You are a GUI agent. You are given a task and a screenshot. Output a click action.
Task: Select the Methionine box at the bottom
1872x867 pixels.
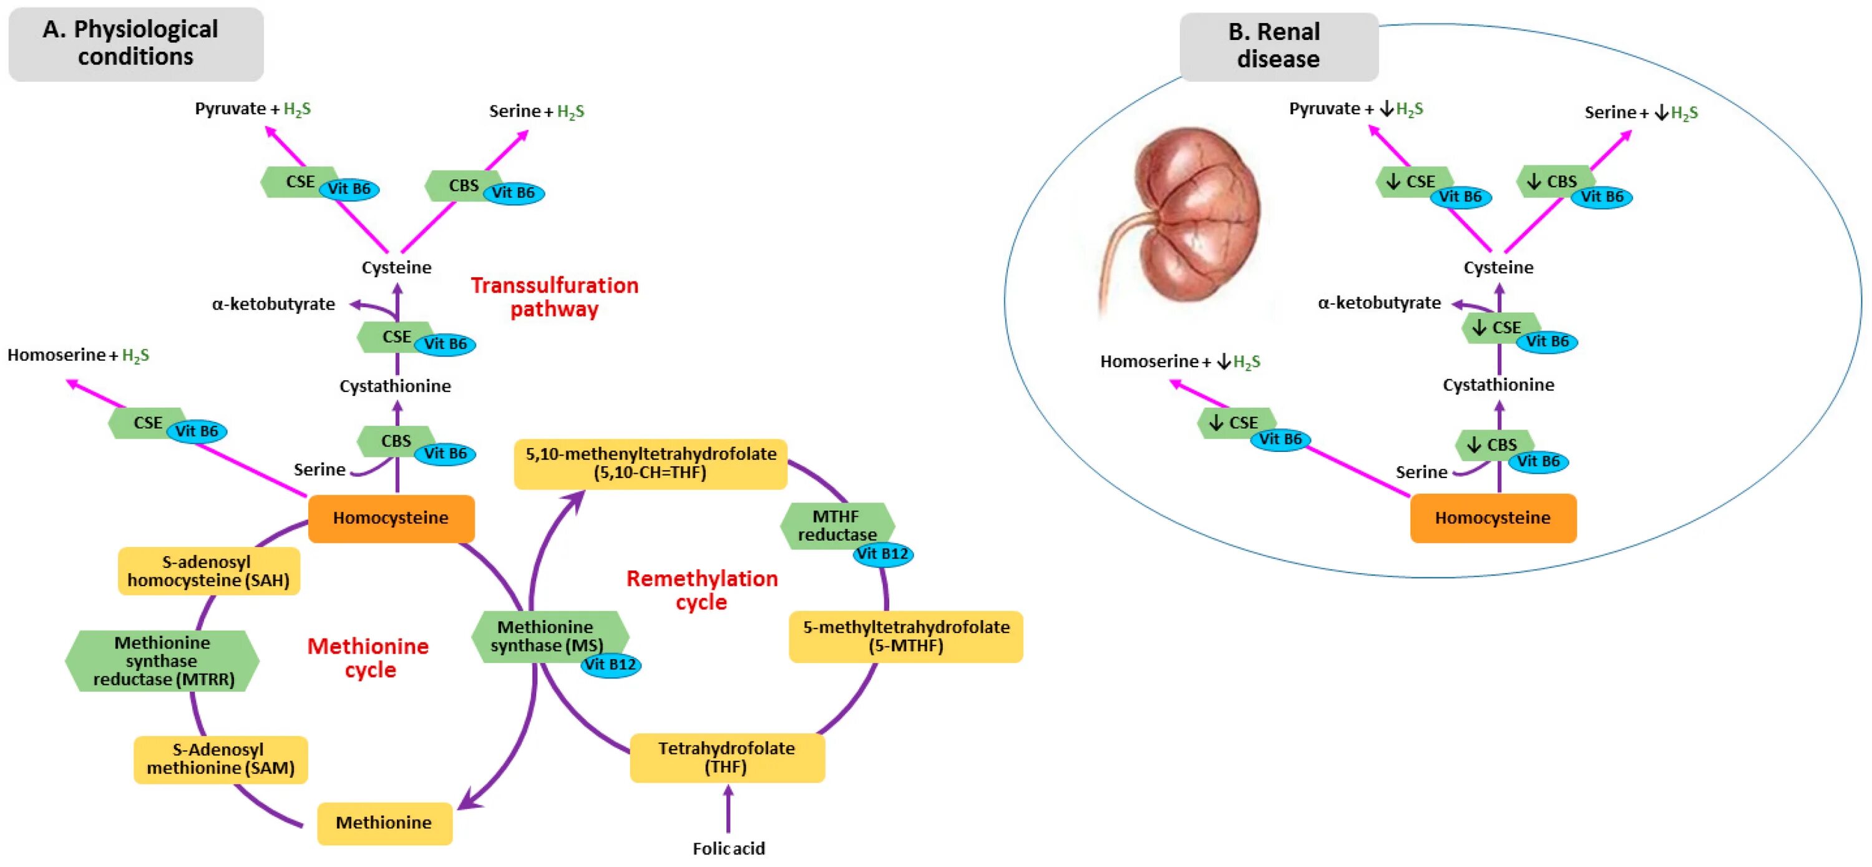(384, 823)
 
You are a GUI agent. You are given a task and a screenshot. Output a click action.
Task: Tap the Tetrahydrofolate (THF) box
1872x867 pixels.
(727, 757)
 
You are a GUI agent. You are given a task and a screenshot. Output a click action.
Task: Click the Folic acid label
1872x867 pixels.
(728, 848)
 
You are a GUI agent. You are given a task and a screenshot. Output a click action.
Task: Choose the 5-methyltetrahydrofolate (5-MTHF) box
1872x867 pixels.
(905, 636)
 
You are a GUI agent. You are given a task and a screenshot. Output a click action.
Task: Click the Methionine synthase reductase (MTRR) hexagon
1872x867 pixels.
(162, 660)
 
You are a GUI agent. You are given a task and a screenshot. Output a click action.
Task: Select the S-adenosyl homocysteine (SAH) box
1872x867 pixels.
(208, 571)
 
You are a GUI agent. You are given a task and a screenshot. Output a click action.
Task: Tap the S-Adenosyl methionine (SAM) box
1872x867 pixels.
(220, 759)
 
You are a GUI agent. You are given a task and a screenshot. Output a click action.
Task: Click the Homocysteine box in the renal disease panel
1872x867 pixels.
(1493, 517)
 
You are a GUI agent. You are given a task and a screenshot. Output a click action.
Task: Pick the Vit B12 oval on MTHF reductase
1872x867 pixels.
(883, 554)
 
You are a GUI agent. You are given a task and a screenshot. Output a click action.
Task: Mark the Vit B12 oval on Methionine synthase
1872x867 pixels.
(610, 664)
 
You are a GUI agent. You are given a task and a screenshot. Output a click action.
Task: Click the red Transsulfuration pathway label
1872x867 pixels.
(555, 296)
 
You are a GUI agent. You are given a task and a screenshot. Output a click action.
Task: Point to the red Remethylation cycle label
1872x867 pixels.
(702, 589)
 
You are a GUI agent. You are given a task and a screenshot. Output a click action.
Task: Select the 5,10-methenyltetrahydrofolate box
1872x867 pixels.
(650, 464)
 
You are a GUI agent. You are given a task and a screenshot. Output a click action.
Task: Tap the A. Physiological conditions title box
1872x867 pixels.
(136, 44)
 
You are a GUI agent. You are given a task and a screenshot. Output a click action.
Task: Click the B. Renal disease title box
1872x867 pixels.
(1279, 46)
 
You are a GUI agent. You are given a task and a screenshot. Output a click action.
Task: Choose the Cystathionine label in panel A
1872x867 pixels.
(396, 386)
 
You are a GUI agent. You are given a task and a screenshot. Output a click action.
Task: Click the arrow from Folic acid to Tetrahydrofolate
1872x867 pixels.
(728, 809)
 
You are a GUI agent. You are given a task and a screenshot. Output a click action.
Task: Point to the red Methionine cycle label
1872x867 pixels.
(368, 657)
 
